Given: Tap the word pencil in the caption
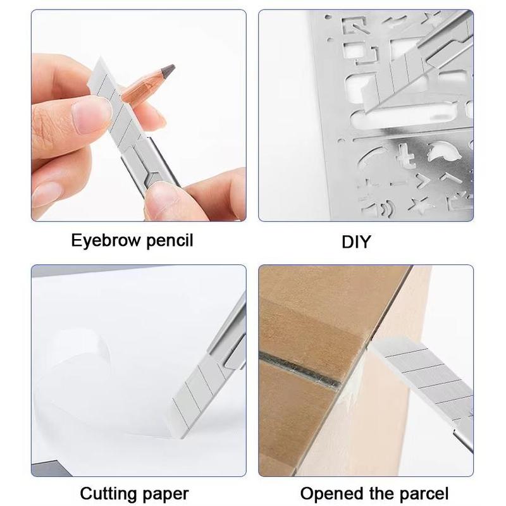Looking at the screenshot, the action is point(170,241).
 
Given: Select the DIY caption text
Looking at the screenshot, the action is point(356,242).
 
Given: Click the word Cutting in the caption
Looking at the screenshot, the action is point(108,494).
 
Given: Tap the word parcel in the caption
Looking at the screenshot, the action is point(424,493).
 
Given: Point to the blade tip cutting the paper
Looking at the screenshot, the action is point(182,436).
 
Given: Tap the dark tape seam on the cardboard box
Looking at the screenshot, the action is point(300,370).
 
